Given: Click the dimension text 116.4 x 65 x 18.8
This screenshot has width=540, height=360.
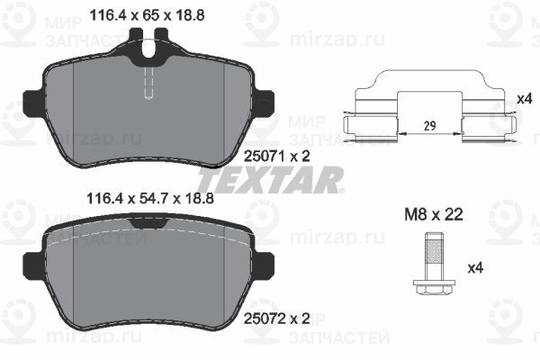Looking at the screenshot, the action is point(147,15).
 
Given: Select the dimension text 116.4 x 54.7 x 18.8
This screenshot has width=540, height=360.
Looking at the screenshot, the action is point(150,198).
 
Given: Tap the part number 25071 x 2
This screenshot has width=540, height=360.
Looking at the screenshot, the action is point(277,157).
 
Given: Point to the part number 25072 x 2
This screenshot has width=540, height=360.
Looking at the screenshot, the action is point(277,319).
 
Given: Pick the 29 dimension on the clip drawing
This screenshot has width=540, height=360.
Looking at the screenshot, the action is point(429,126).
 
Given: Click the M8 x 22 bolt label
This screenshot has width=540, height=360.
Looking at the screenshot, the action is point(434,214).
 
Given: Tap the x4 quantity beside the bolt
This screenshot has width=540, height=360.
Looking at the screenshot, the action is point(475,267).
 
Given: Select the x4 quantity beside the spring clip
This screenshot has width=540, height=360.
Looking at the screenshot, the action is point(526,99).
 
